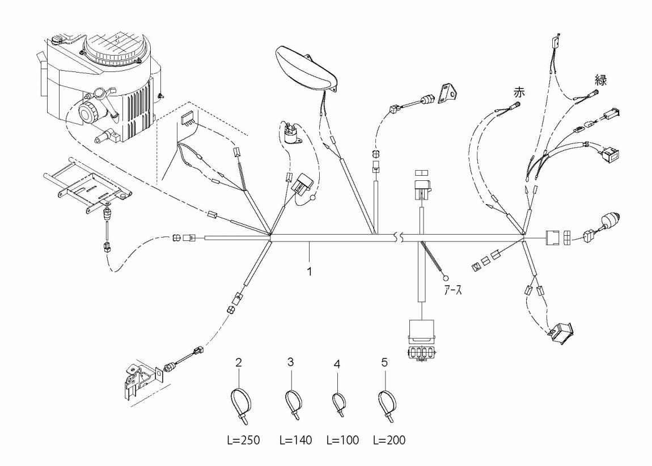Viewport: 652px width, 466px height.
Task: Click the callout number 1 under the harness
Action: [310, 272]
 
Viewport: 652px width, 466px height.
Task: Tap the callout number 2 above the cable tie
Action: [239, 362]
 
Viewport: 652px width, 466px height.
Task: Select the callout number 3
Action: [290, 362]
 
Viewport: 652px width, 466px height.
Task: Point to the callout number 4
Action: [337, 364]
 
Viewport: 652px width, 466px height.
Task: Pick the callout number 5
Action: [384, 362]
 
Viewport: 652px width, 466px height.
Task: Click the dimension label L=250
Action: [244, 440]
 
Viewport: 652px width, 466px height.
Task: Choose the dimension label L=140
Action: [295, 440]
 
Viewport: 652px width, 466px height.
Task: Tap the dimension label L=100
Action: [342, 440]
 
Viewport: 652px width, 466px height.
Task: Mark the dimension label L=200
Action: [389, 440]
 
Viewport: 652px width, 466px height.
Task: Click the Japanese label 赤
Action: [519, 92]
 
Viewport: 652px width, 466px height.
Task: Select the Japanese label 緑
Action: [601, 79]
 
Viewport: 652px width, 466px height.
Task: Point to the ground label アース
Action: [453, 290]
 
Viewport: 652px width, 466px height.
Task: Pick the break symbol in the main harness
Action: [398, 238]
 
